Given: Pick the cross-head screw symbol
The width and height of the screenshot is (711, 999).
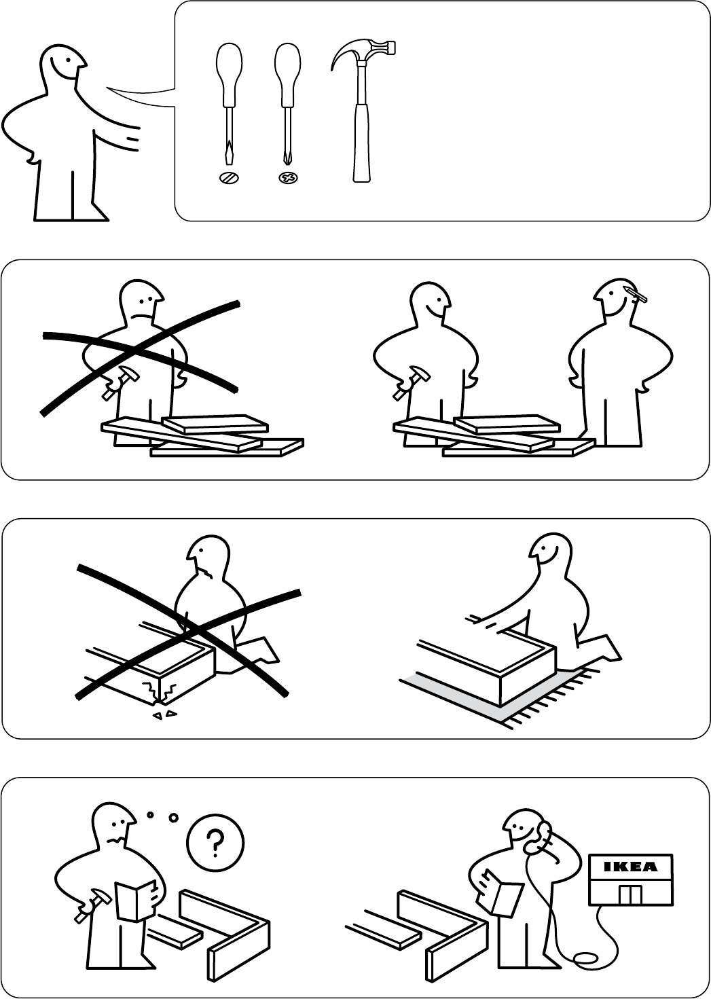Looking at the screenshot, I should pos(289,179).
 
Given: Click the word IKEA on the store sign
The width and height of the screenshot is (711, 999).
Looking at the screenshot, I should pos(631,867).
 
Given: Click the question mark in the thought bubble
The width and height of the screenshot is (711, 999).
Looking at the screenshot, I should pos(215,841).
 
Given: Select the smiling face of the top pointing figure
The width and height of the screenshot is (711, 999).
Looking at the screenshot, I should pos(64,66).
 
